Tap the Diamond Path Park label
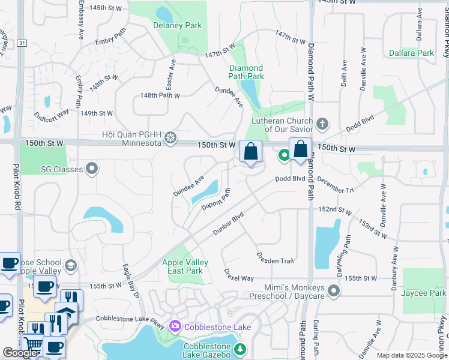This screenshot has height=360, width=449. pos(246,72)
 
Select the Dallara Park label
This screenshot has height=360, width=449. pos(411,53)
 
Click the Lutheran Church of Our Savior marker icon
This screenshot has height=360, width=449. pos(323,124)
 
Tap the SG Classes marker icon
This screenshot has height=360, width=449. pos(92,169)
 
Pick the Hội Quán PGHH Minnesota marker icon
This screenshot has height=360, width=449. pos(171,139)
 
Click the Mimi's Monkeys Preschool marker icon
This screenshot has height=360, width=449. pos(334,292)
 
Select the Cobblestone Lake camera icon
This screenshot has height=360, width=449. pos(175,327)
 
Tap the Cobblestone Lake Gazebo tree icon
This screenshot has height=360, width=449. pos(240,350)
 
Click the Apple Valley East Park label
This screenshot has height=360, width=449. pos(185,266)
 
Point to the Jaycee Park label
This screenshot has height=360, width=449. pos(426,293)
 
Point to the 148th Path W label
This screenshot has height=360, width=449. pos(160,95)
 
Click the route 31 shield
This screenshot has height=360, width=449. pos(22,43)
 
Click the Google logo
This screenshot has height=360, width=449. pos(20,352)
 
